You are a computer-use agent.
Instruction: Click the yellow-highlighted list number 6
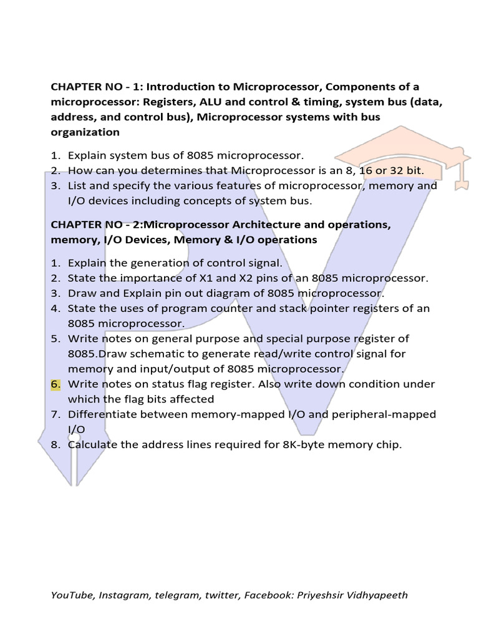pyautogui.click(x=56, y=384)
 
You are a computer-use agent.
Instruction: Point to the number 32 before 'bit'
pyautogui.click(x=395, y=170)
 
